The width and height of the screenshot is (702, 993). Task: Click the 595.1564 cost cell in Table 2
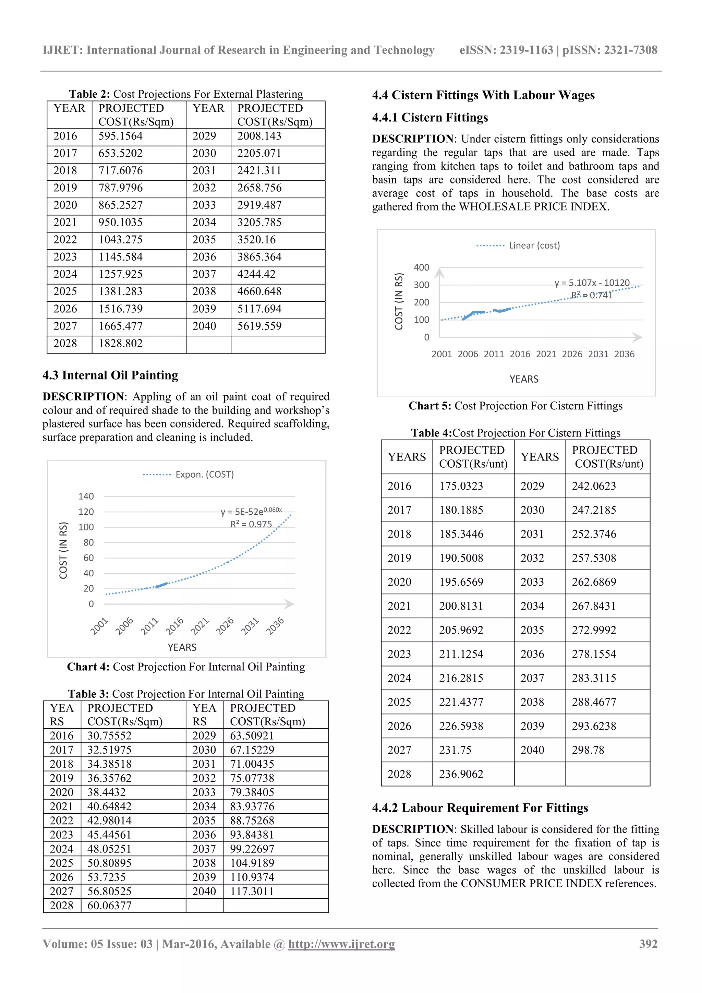(x=120, y=136)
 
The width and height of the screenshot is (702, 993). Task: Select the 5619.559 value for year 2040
(x=259, y=326)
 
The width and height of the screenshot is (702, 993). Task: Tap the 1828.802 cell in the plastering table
(x=120, y=343)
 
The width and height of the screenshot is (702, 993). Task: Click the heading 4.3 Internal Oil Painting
(x=110, y=375)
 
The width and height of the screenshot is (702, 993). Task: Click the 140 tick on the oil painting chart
(x=86, y=496)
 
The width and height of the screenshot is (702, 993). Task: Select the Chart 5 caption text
(x=515, y=406)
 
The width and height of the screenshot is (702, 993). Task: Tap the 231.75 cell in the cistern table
(x=455, y=750)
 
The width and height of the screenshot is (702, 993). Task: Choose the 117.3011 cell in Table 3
(x=252, y=892)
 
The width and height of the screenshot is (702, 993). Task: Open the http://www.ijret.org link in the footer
(x=341, y=944)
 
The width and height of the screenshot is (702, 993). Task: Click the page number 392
(x=648, y=944)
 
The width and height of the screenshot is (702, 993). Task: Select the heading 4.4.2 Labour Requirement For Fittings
(x=480, y=808)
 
